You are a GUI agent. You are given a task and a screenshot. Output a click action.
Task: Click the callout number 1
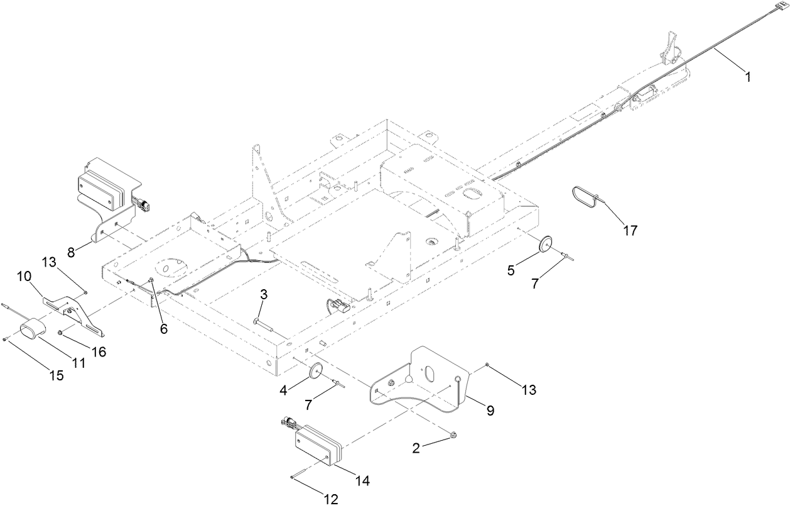coord(747,77)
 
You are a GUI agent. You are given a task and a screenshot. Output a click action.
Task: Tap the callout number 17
coord(629,231)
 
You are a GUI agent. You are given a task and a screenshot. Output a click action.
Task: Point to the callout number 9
coord(489,411)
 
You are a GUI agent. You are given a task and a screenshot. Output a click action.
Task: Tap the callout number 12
coord(330,500)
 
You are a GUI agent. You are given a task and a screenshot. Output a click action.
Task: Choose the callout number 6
coord(163,328)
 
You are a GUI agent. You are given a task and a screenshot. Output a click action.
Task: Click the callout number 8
coord(71,252)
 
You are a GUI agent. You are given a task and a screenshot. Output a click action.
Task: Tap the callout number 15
coord(56,375)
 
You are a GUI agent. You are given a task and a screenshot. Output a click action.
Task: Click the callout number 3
coord(264,294)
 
